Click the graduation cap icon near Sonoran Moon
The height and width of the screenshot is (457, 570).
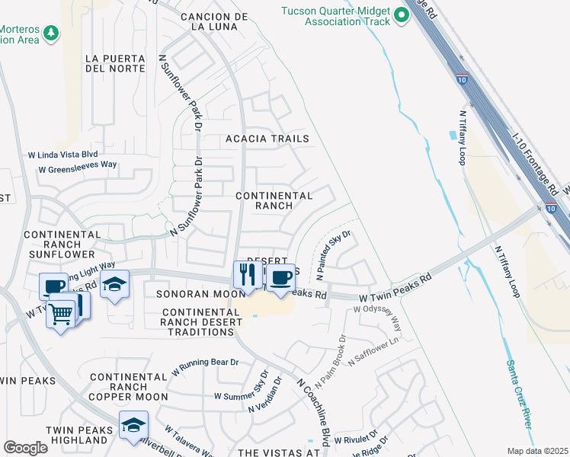(x=114, y=285)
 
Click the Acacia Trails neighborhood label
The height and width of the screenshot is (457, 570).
(x=267, y=139)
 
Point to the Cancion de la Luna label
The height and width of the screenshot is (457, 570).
(x=209, y=21)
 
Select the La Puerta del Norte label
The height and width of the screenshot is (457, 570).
(x=115, y=63)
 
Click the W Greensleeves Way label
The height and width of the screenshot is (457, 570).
(x=78, y=165)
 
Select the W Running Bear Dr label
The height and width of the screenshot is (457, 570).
(x=206, y=365)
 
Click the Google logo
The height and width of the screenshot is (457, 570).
(x=25, y=447)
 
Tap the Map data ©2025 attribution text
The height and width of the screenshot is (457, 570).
(x=537, y=451)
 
